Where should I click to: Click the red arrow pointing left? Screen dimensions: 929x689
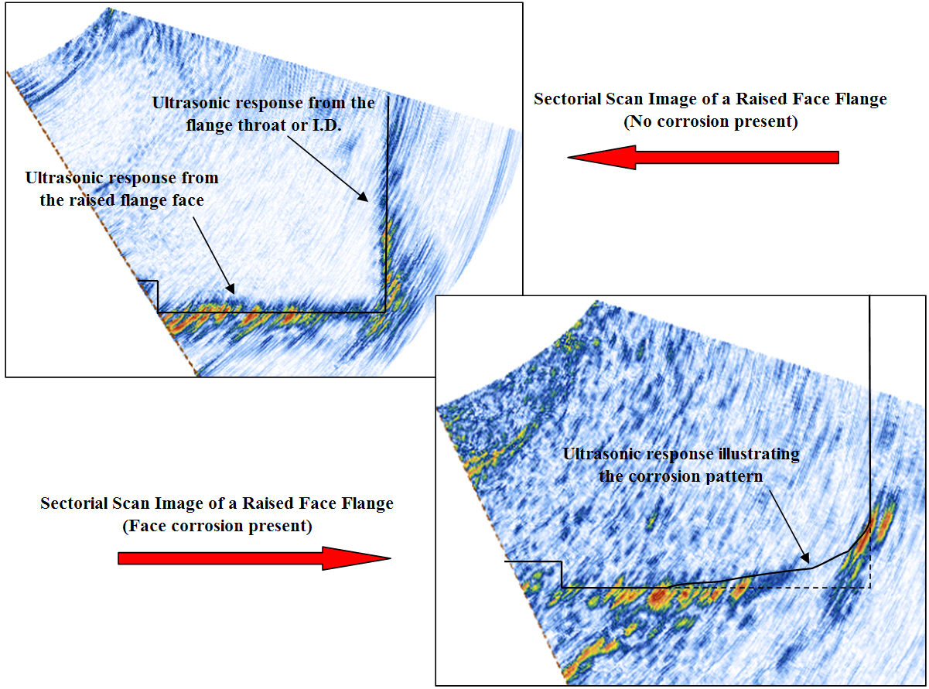(x=703, y=158)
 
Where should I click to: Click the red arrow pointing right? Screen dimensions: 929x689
(x=254, y=558)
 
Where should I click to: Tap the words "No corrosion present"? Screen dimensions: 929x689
(x=711, y=122)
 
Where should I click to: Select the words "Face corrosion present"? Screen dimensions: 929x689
(x=217, y=526)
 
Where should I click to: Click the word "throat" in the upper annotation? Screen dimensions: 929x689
(x=260, y=124)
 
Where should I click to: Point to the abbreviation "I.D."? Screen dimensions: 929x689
(x=325, y=124)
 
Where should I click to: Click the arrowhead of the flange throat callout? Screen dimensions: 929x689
(x=364, y=198)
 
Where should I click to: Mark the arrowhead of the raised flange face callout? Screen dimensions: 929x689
(x=231, y=288)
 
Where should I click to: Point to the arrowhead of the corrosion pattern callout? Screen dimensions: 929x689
(x=805, y=558)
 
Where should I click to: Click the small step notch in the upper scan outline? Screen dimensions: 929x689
(x=158, y=281)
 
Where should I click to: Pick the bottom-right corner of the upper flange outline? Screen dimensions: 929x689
(x=385, y=312)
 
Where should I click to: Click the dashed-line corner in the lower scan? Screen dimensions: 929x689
(x=870, y=588)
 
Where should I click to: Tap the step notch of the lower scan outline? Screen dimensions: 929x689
(x=562, y=561)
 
